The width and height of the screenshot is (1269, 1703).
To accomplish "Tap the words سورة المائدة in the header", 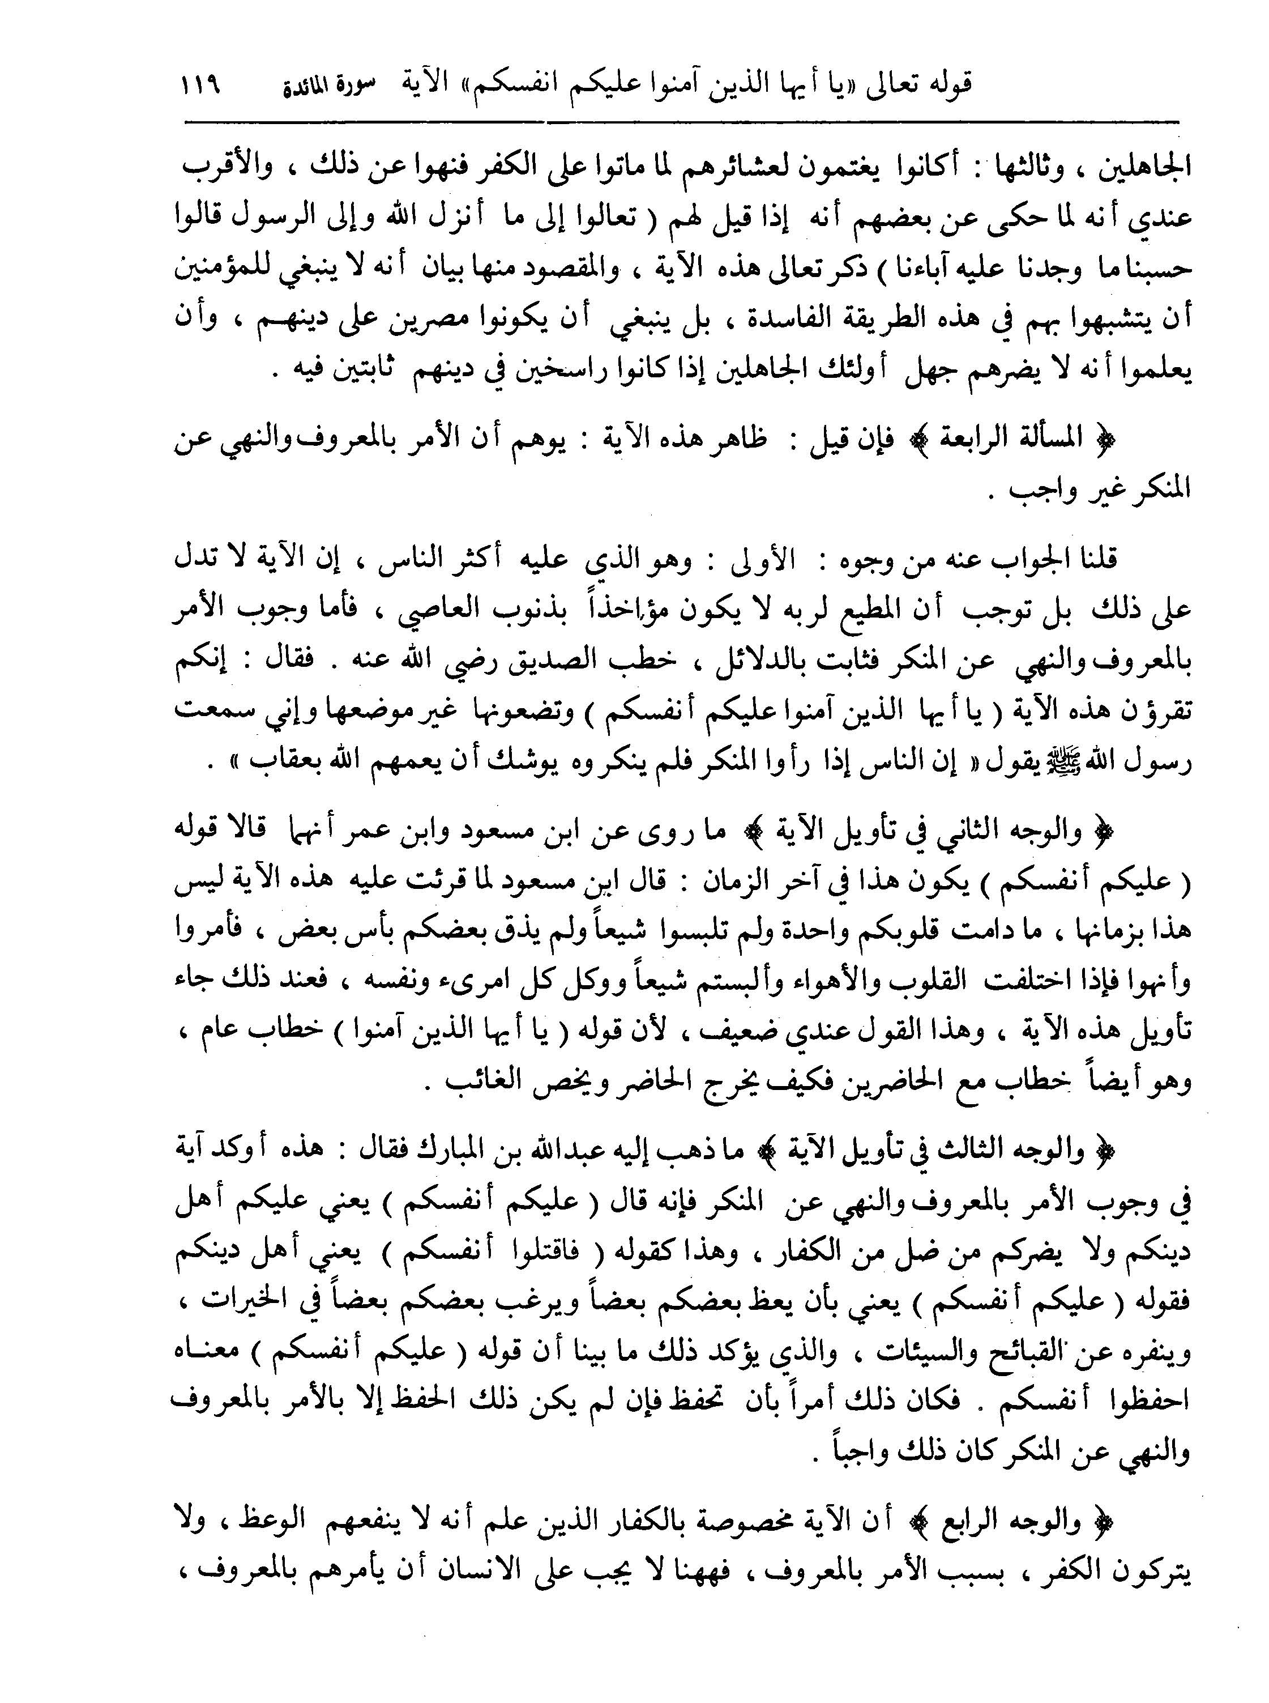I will click(326, 84).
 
